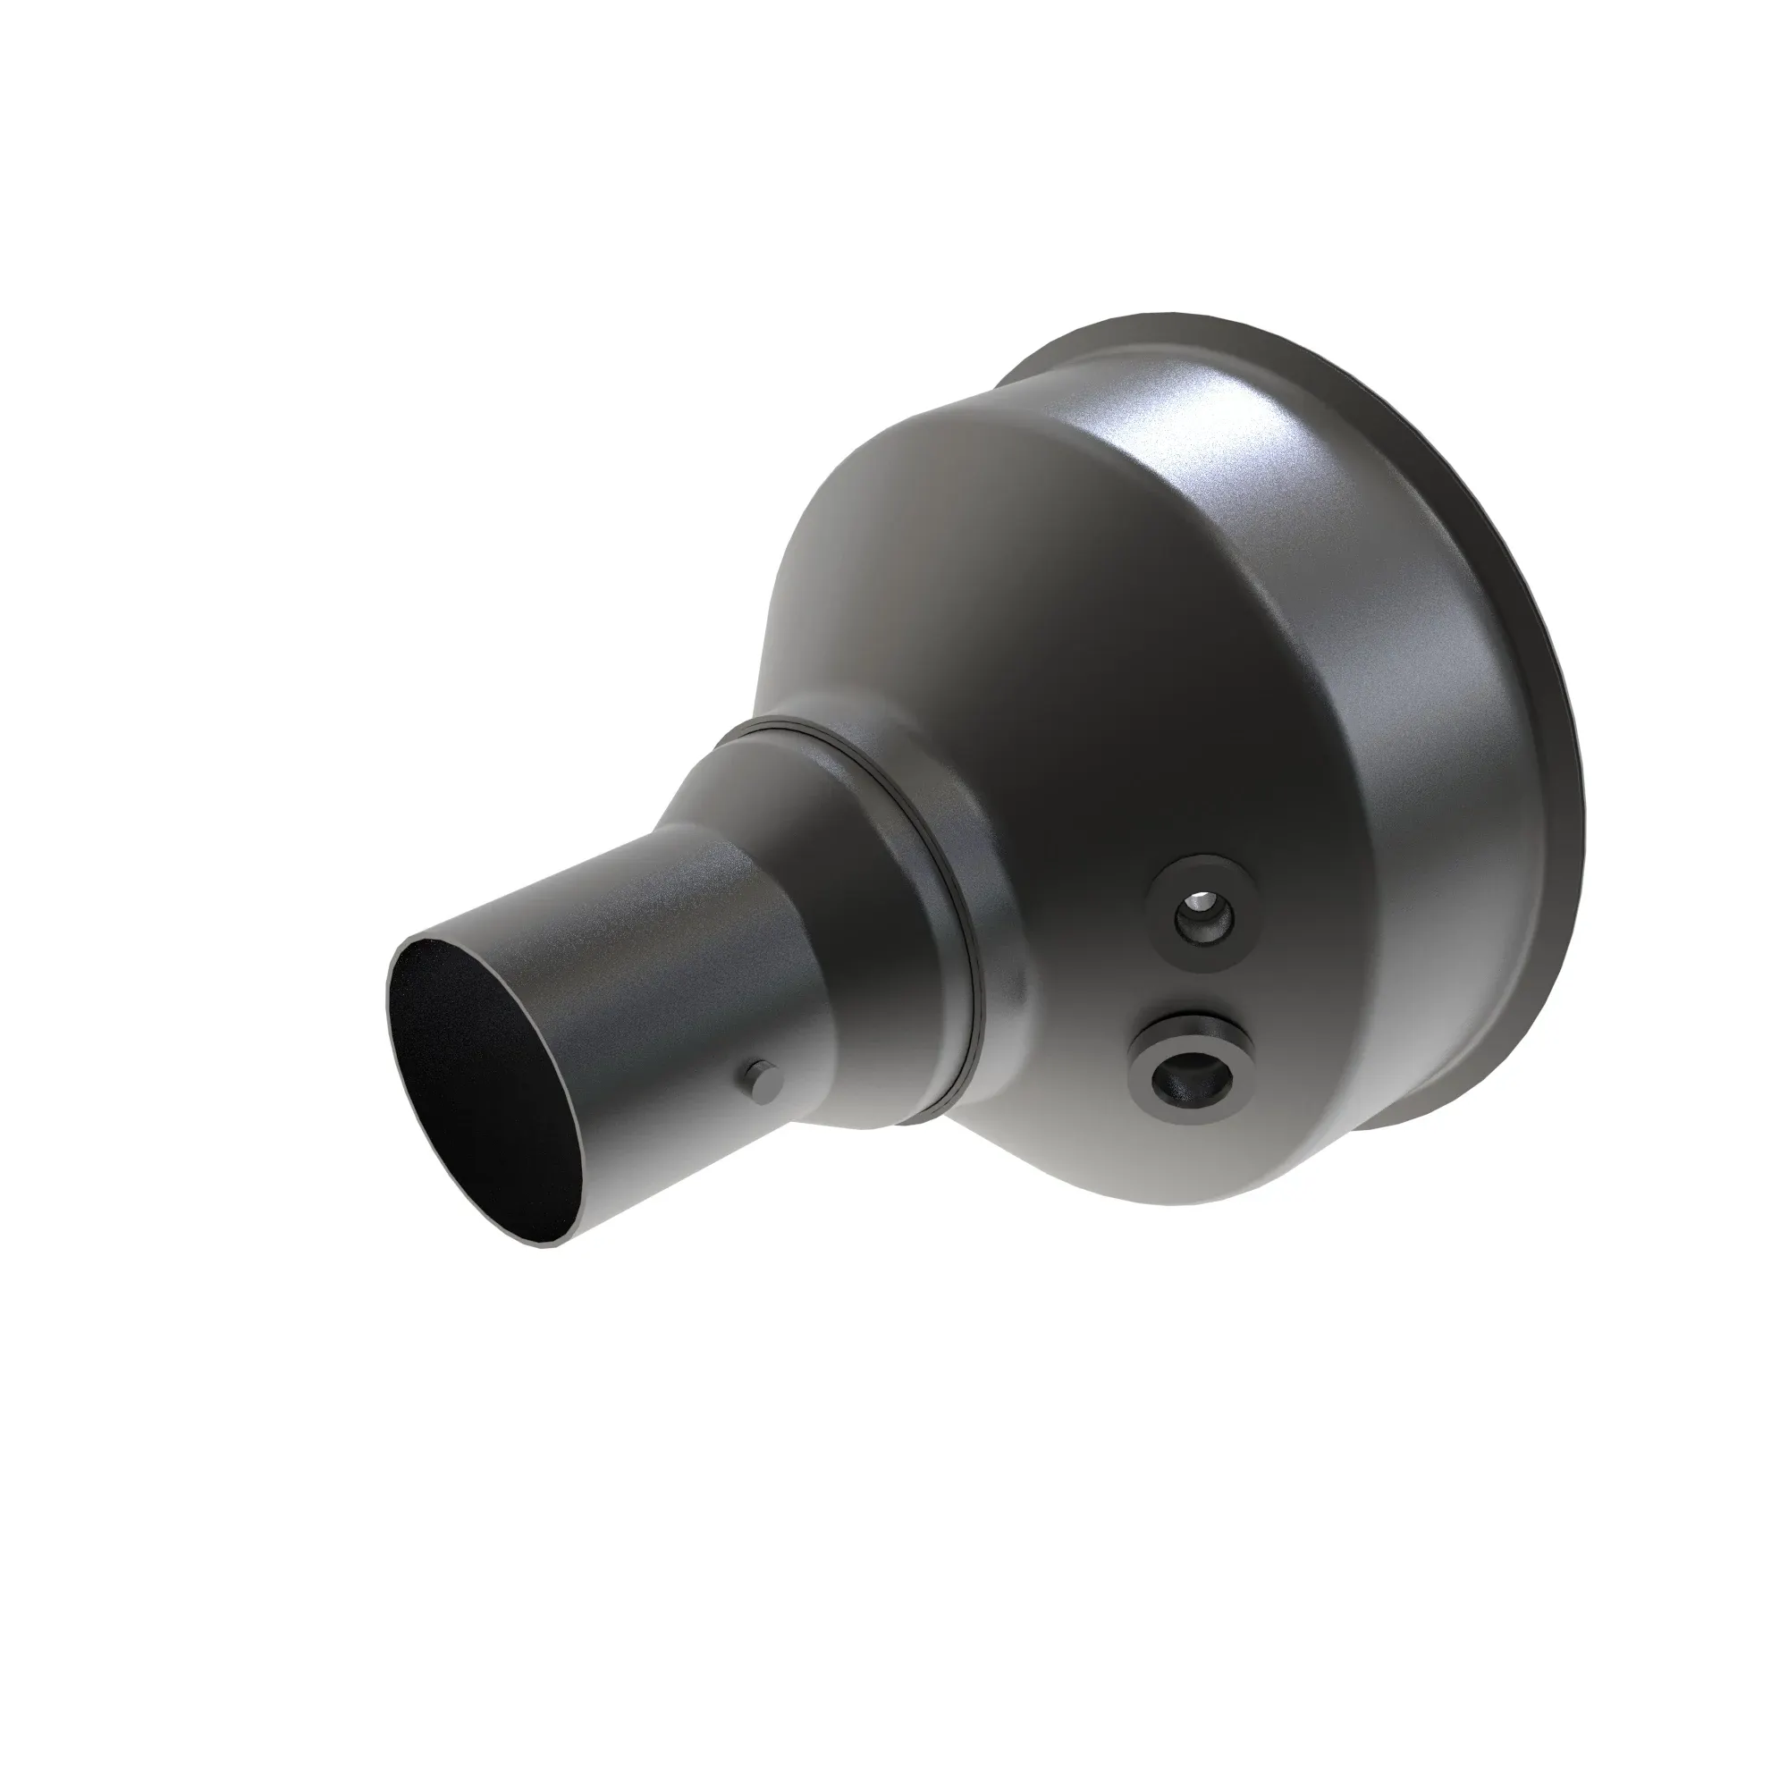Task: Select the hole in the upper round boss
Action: (x=1203, y=921)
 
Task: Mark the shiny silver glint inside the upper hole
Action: (x=1201, y=899)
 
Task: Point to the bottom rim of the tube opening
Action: (x=546, y=1244)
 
